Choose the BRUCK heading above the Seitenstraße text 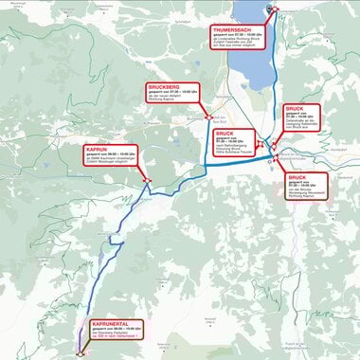click(x=294, y=109)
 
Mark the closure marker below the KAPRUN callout click(x=146, y=180)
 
